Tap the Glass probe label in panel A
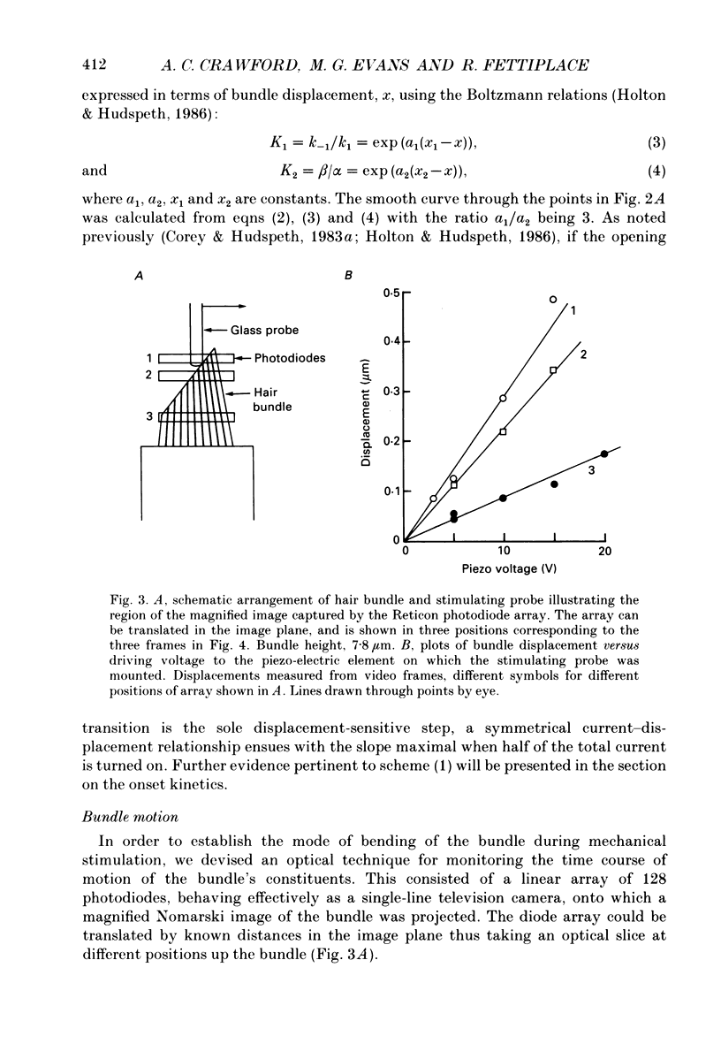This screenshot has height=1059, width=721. tap(264, 330)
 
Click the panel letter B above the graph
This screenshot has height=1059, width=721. tap(348, 277)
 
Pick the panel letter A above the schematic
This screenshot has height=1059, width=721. tap(138, 277)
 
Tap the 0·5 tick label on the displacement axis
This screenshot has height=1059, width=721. tap(389, 292)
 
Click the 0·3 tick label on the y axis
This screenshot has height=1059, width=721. tap(389, 391)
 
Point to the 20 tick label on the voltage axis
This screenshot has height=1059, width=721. tap(604, 552)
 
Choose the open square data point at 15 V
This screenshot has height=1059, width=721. tap(554, 370)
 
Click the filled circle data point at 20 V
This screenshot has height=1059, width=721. tap(604, 453)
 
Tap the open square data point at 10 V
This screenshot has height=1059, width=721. tap(504, 431)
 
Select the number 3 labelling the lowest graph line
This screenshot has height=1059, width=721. tap(591, 472)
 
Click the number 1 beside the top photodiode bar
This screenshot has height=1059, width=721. tap(149, 358)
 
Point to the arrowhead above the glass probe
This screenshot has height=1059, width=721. tap(240, 306)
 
